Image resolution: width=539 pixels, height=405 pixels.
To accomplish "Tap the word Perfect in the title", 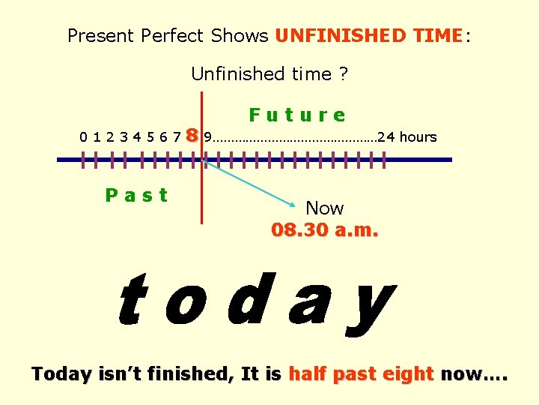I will [x=177, y=35].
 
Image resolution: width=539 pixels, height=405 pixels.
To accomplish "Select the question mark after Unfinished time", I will [x=344, y=73].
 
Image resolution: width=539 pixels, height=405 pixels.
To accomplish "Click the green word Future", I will [x=297, y=115].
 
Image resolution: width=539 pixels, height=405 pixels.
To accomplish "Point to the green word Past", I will [x=136, y=196].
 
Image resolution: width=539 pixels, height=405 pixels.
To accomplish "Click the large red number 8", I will [x=192, y=136].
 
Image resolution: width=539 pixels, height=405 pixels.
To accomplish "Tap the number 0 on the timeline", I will [x=85, y=137].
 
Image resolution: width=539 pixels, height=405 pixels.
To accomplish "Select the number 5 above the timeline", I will [x=150, y=137].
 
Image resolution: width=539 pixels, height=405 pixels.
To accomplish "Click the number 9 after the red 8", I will [x=208, y=137].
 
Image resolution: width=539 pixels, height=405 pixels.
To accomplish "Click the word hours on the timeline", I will [x=418, y=137].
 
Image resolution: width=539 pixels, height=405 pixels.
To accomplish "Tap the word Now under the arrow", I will [x=325, y=208].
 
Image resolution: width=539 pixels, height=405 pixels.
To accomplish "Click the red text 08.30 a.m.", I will [x=325, y=229].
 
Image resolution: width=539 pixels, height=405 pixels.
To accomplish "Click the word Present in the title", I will [x=100, y=35].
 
